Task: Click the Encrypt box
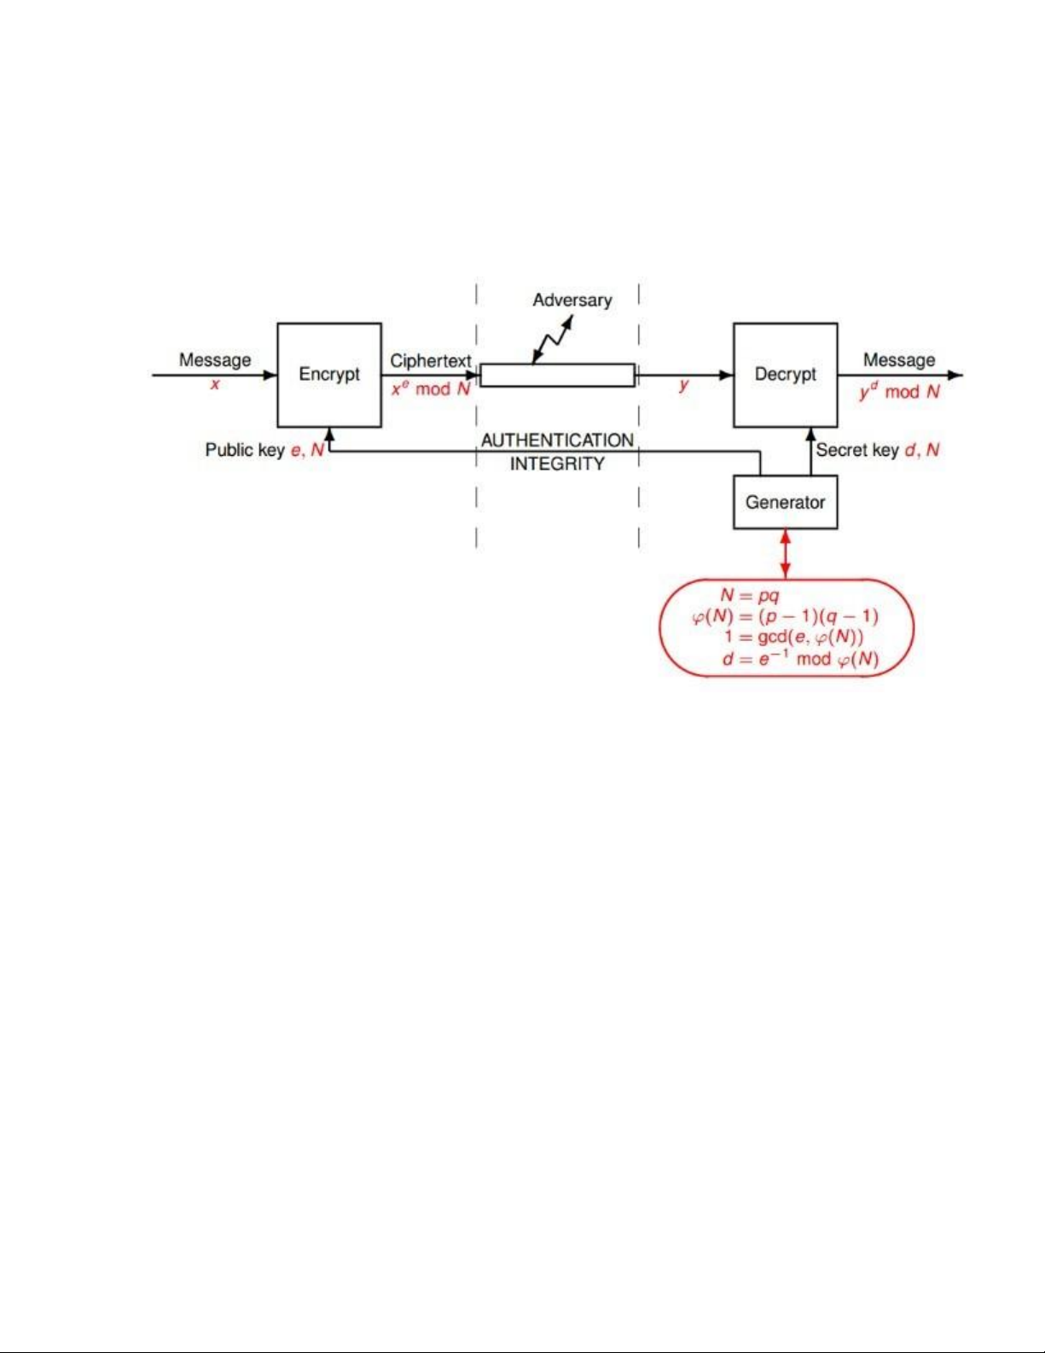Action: coord(328,375)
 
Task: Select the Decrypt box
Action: coord(785,375)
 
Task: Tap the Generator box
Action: coord(785,503)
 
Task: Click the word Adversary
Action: coord(572,300)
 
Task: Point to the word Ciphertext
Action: coord(431,361)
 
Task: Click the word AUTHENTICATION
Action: coord(557,440)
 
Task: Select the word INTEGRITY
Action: coord(557,464)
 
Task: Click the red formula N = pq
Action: coord(750,596)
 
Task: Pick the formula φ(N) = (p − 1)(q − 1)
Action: coord(785,616)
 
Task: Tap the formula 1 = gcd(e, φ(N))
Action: coord(793,638)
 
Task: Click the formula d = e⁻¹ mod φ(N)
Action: coord(799,659)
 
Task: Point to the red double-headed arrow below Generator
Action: coord(785,553)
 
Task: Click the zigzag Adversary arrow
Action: coord(552,340)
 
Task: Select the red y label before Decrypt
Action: coord(683,386)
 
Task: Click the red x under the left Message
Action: coord(215,384)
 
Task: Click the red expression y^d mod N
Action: coord(899,392)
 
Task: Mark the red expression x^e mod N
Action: coord(431,389)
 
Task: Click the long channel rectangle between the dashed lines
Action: coord(557,376)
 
